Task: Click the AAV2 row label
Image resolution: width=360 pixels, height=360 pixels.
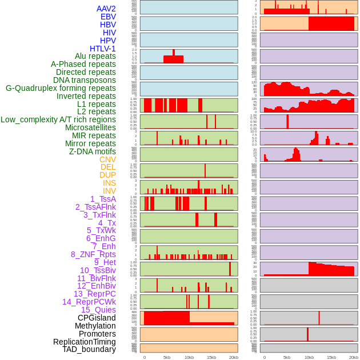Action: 106,9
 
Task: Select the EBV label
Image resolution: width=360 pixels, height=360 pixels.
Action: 108,17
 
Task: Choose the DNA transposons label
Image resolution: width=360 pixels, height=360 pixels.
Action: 84,80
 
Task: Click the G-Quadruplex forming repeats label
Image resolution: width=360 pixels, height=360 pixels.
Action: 61,88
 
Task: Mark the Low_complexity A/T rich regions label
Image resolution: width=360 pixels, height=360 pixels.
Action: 58,119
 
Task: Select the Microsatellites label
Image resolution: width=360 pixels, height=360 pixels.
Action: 90,127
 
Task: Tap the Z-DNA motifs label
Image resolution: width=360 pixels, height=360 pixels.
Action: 92,151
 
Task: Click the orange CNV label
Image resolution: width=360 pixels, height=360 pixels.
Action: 107,159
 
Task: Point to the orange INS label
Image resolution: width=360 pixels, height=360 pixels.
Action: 109,183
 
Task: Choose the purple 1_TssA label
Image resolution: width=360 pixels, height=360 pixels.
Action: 103,199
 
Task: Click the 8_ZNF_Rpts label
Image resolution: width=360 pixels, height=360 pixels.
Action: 93,254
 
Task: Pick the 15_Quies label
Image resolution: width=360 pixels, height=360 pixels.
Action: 98,310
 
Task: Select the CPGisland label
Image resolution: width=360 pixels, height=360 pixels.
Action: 97,318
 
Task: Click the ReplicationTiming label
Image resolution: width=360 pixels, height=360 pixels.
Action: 84,342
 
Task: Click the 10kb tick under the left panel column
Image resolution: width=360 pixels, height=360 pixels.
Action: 189,357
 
